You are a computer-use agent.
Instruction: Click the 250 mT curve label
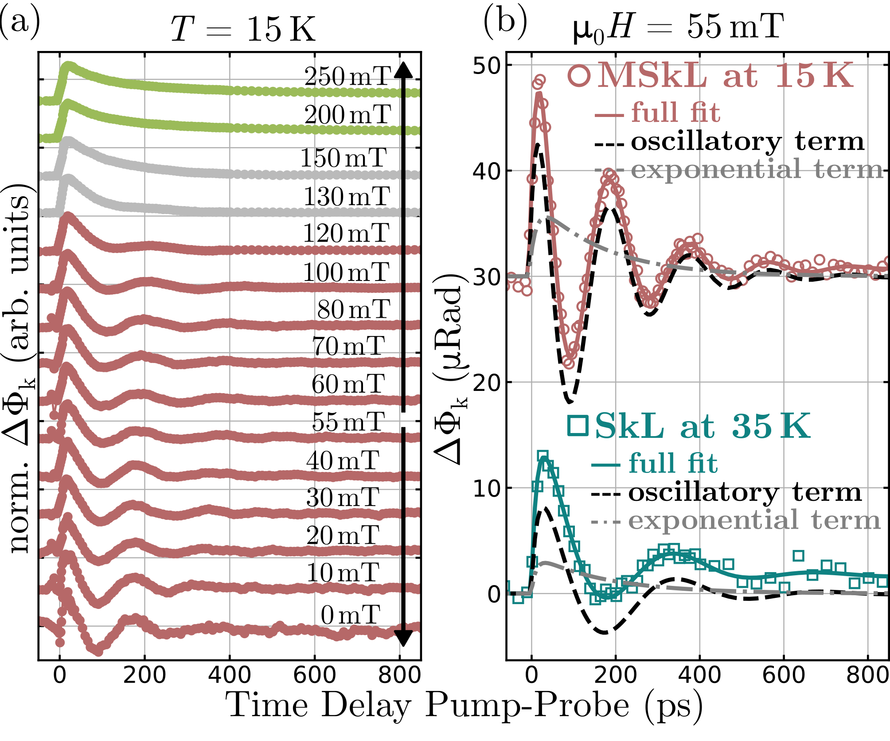point(347,77)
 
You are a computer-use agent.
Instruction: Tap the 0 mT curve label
point(351,615)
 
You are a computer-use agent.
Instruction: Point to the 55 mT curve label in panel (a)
point(348,422)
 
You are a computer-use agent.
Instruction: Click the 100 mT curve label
point(346,272)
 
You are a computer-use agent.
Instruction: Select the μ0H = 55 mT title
point(678,27)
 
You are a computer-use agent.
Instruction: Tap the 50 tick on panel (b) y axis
point(486,66)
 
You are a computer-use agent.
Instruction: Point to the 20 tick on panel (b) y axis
point(486,382)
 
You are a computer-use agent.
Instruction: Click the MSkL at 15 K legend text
point(725,76)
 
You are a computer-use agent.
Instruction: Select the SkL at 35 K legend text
point(703,426)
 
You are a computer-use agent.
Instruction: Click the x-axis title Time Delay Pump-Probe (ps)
point(464,705)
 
